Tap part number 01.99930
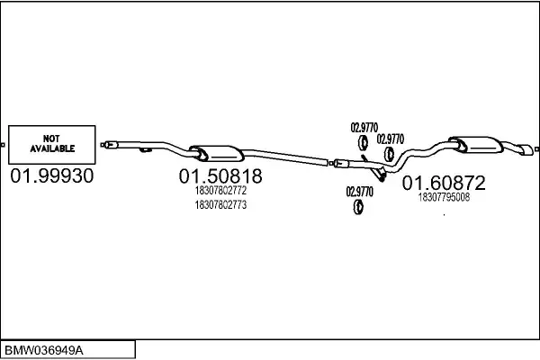(x=52, y=176)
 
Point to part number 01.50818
(x=220, y=176)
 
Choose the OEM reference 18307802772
(x=220, y=192)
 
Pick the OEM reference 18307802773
(x=220, y=205)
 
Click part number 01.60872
(x=444, y=184)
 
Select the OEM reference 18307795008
(x=444, y=198)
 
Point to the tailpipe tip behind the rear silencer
(x=522, y=148)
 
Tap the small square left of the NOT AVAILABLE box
(x=3, y=144)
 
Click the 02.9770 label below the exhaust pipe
(x=359, y=191)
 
